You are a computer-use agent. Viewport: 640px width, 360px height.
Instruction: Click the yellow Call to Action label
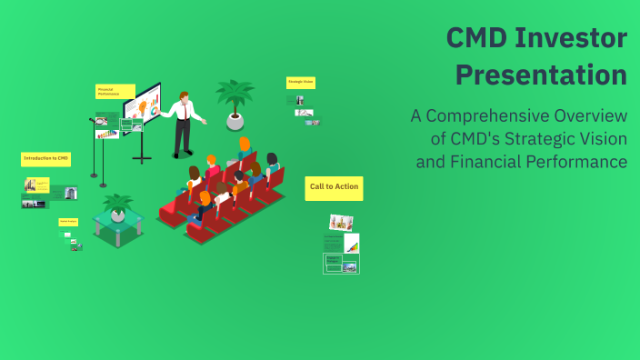pos(334,187)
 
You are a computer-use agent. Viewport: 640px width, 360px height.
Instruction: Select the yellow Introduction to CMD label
pos(46,158)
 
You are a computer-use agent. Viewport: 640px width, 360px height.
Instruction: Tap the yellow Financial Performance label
pos(115,91)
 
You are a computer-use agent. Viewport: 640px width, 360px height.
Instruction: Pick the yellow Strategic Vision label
pos(301,82)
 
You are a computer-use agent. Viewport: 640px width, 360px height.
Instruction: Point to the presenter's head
pos(185,95)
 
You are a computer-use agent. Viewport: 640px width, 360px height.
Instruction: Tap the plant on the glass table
pos(118,208)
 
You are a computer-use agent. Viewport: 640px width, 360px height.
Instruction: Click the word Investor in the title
pos(571,38)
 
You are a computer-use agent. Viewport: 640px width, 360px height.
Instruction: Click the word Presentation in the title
pos(541,74)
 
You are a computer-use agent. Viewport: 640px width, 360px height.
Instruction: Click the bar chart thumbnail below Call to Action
pos(351,244)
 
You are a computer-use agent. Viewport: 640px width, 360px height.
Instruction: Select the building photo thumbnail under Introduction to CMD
pos(69,192)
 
